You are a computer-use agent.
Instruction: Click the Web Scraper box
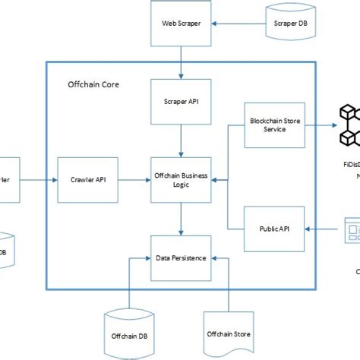181,24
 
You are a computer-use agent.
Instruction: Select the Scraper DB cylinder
290,24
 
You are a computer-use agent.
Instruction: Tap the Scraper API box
181,101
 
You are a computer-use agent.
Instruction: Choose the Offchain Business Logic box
181,180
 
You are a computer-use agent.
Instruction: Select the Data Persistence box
181,258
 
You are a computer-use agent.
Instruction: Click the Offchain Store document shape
229,332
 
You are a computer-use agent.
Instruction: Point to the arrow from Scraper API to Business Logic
181,141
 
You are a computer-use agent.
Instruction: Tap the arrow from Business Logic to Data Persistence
181,219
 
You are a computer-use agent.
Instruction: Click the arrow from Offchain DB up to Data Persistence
130,285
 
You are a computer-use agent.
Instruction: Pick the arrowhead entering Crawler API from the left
54,180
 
